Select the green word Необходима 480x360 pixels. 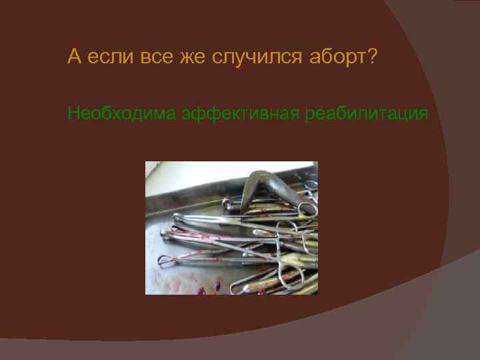click(x=121, y=114)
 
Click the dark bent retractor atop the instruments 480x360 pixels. click(x=267, y=187)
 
